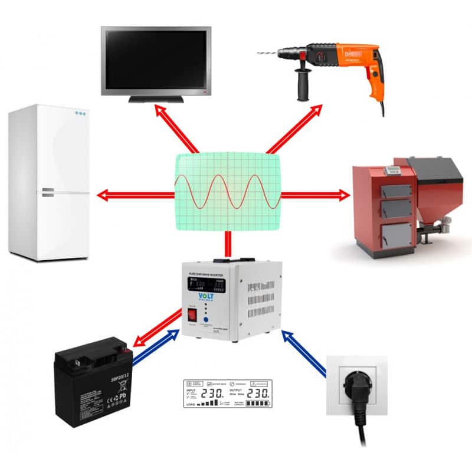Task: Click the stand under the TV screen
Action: pos(156,99)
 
